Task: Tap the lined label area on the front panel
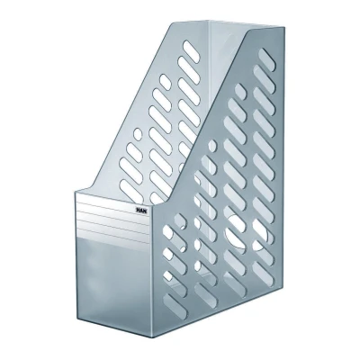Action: click(x=112, y=218)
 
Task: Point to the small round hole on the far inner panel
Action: click(x=138, y=132)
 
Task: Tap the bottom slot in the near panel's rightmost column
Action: click(x=263, y=271)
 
